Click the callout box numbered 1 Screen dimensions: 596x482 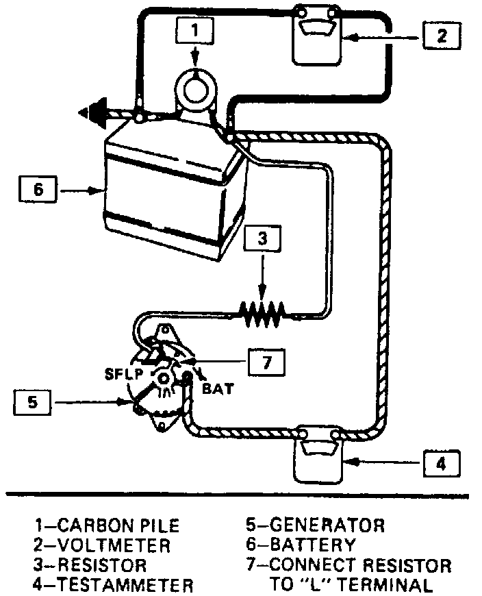[194, 29]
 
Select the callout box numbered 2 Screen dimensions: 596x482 [442, 36]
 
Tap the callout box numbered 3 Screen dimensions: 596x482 [262, 239]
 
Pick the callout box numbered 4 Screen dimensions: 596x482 [440, 464]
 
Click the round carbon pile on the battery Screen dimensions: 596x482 [196, 90]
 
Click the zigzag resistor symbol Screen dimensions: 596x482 [263, 314]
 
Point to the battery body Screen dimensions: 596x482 [171, 192]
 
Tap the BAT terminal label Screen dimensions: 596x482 [217, 388]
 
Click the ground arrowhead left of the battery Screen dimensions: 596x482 [92, 113]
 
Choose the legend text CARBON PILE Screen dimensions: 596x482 [118, 525]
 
